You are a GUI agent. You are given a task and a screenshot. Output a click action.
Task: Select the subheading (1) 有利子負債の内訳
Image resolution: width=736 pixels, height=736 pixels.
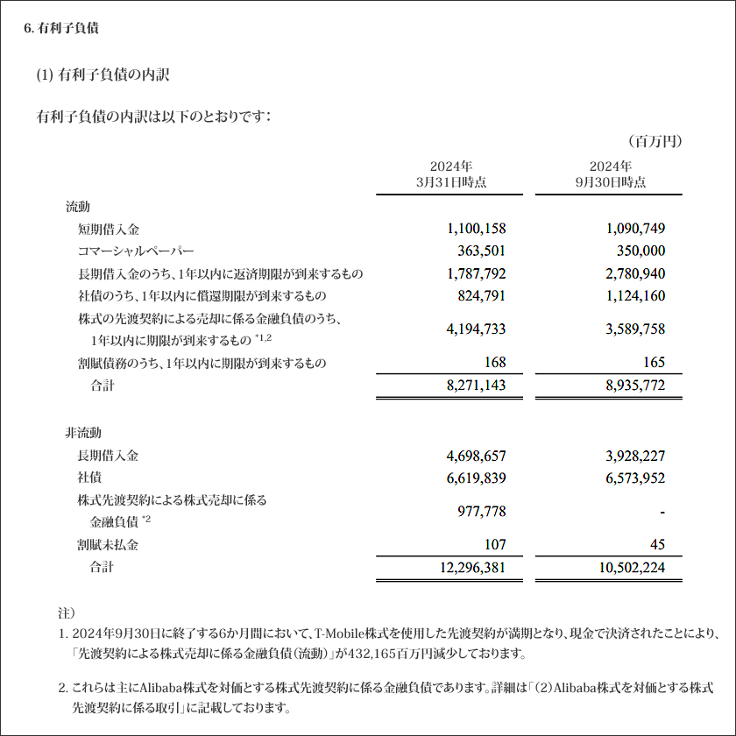point(103,75)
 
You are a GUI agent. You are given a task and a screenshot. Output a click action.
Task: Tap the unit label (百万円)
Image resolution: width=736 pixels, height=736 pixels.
point(654,140)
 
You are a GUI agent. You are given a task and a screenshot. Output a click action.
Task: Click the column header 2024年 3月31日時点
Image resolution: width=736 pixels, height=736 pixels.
point(450,174)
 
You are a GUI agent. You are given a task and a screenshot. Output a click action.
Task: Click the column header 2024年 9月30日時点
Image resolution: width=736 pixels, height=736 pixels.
point(610,174)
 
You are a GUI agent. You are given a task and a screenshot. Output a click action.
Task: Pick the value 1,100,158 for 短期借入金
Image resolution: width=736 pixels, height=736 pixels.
point(476,229)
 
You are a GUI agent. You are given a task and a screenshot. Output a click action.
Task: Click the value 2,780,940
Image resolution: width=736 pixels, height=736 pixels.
point(635,273)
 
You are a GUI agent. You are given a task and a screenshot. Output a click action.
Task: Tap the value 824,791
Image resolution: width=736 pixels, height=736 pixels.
point(482,295)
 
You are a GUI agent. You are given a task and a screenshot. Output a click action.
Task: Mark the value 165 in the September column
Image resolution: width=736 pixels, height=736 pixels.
point(654,362)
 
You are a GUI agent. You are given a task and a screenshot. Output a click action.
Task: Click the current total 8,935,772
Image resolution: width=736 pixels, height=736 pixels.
point(635,385)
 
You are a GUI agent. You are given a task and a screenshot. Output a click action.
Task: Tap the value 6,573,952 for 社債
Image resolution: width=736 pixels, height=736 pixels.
point(635,478)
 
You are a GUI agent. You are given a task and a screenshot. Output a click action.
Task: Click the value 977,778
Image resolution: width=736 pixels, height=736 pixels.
point(482,512)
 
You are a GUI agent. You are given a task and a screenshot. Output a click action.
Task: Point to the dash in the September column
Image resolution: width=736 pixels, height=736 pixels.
point(662,512)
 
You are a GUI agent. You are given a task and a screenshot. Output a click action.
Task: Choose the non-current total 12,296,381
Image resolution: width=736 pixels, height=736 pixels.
point(471,568)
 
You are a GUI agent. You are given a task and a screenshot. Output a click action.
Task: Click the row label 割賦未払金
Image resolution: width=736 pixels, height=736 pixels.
point(108,545)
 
